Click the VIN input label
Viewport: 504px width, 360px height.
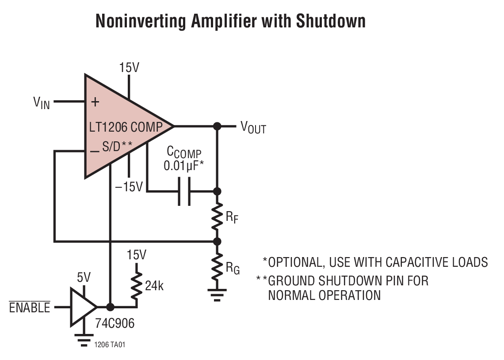coord(42,103)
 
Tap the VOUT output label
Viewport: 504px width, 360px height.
coord(253,128)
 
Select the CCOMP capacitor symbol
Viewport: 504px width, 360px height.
coord(184,191)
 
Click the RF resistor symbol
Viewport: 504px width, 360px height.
coord(217,216)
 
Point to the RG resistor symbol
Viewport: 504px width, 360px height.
coord(217,266)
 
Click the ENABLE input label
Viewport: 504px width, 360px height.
coord(30,307)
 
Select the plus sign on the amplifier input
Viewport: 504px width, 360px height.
coord(94,102)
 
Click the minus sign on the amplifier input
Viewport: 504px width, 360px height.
coord(94,152)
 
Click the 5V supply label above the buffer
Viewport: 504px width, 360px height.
coord(84,278)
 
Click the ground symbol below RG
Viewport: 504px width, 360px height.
coord(217,294)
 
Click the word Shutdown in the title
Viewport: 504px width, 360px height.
coord(331,21)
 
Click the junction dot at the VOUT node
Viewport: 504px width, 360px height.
coord(217,126)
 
